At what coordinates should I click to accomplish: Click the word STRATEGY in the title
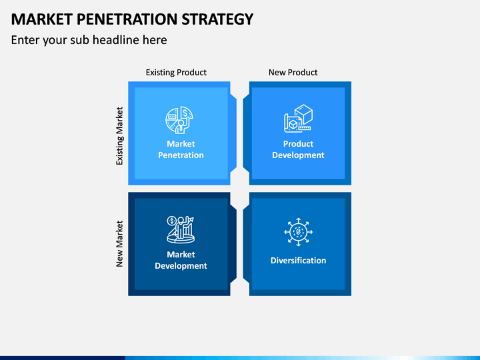coord(217,19)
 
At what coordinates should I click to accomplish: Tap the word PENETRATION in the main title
coord(127,19)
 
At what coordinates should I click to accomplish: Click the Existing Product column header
coord(176,72)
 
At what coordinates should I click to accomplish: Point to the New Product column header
coord(293,72)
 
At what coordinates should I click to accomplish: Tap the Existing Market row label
coord(119,136)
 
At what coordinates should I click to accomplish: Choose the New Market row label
coord(119,244)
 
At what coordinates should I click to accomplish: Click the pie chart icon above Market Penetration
coord(179,120)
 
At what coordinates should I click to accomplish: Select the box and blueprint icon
coord(298,119)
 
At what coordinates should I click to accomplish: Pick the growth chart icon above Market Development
coord(181,229)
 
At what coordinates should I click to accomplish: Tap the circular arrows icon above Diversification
coord(298,232)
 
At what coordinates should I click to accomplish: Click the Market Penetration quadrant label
coord(181,149)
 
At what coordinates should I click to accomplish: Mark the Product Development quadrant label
coord(298,149)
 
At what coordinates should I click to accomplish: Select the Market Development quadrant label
coord(181,260)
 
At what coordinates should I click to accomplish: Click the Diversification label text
coord(298,261)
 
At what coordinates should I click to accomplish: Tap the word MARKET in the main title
coord(41,19)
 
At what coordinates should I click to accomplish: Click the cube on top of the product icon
coord(304,114)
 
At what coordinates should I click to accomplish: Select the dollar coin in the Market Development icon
coord(172,221)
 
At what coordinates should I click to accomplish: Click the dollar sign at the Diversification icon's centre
coord(298,232)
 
